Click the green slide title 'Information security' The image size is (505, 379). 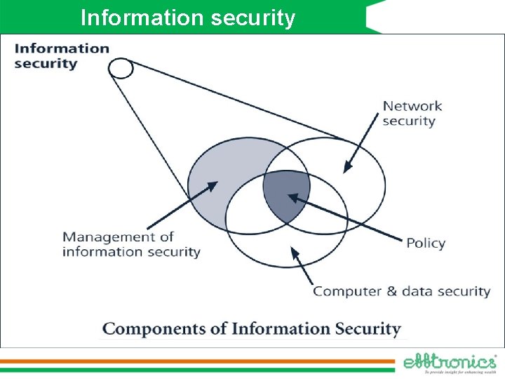click(x=188, y=17)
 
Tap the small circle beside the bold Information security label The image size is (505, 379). click(x=121, y=68)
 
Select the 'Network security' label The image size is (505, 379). click(x=412, y=113)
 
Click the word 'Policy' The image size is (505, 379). click(x=426, y=243)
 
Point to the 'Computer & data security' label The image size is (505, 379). click(x=401, y=291)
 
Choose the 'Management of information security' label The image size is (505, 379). click(x=131, y=244)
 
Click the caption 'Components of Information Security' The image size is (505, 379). click(x=252, y=328)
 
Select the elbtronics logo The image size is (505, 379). click(x=450, y=362)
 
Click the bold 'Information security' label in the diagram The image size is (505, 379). click(x=62, y=55)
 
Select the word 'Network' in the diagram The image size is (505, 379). click(x=412, y=106)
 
